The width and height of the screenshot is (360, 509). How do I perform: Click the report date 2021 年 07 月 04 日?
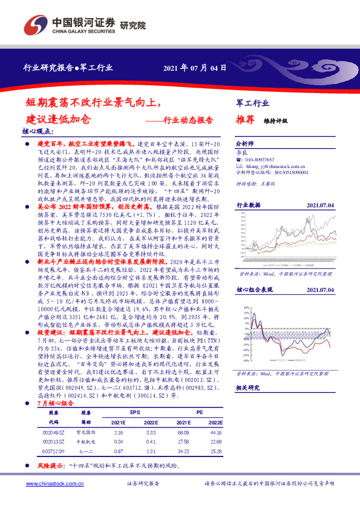pyautogui.click(x=195, y=68)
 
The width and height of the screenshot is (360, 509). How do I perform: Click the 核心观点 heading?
pyautogui.click(x=38, y=131)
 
